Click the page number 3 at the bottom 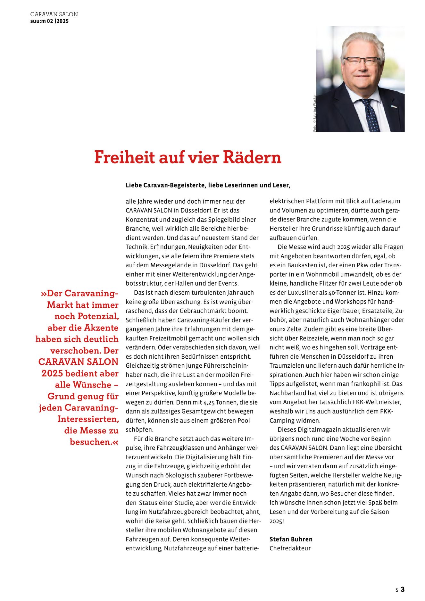(403, 589)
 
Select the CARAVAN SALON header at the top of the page (54, 14)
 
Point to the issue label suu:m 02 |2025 (49, 21)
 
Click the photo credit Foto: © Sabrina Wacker (314, 113)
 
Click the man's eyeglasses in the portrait (361, 61)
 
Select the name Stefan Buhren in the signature (291, 539)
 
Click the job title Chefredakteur (290, 548)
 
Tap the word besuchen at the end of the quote (90, 442)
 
